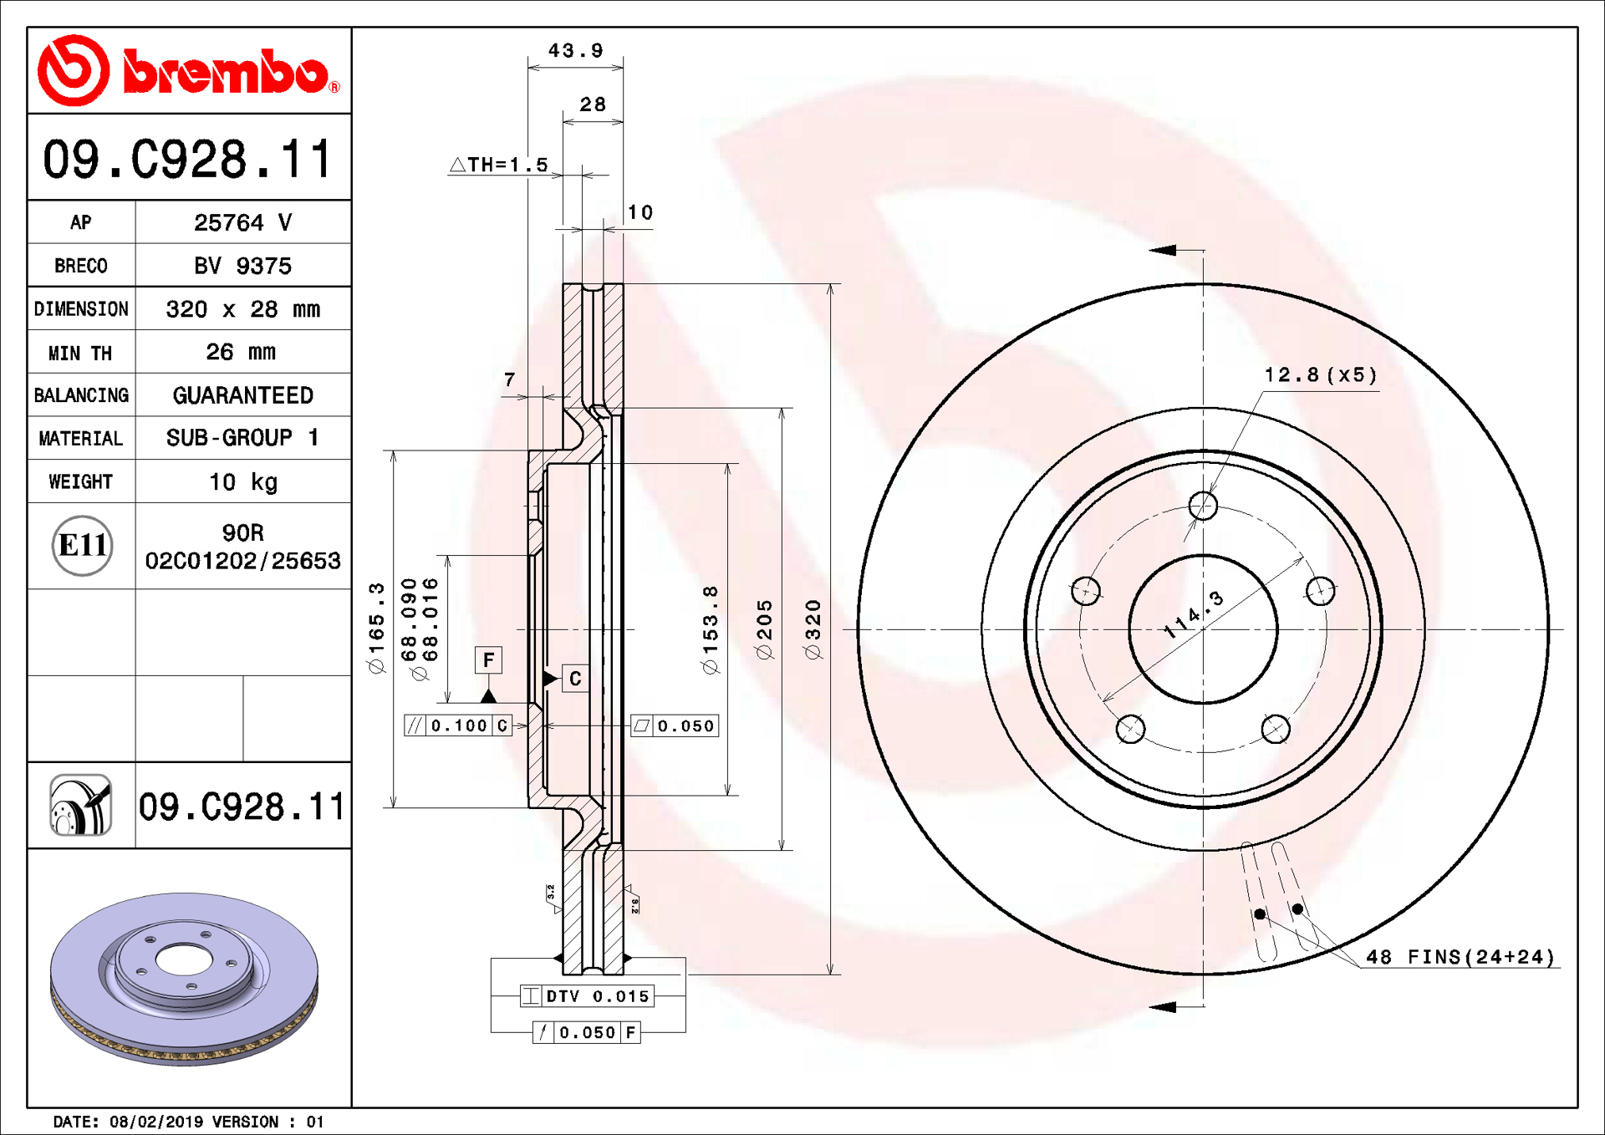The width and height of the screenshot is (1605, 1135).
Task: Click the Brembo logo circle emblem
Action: [x=74, y=70]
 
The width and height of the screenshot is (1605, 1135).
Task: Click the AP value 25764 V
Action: [x=242, y=222]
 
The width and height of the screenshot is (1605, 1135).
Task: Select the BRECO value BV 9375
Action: [x=242, y=266]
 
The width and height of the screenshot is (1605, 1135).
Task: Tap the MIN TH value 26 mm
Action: [x=241, y=352]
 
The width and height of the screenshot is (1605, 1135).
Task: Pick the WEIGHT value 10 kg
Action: [x=242, y=482]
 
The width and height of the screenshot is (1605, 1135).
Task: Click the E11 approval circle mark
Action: [x=82, y=546]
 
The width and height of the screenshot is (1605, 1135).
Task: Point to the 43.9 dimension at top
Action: [x=575, y=51]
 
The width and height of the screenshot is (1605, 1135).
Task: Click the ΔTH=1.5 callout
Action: [x=500, y=165]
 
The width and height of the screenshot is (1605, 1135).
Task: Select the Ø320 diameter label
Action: [x=813, y=629]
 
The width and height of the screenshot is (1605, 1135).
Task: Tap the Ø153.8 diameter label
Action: [x=710, y=629]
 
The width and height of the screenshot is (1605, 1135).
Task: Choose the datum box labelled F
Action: [x=488, y=660]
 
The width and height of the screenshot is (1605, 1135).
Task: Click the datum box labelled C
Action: [x=575, y=679]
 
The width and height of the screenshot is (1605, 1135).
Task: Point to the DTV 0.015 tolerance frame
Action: [x=587, y=996]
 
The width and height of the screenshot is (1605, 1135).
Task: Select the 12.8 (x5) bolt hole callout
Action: [x=1320, y=374]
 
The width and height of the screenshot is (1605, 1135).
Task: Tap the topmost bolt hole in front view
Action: [x=1203, y=506]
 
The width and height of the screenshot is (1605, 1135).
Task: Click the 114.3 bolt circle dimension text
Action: [x=1194, y=615]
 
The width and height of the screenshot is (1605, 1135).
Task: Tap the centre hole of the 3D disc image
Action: [x=183, y=961]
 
